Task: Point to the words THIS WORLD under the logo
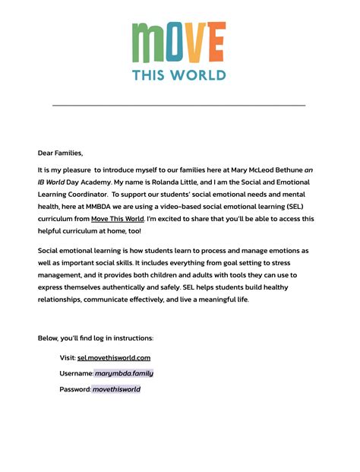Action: tap(179, 74)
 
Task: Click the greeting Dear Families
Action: tap(60, 153)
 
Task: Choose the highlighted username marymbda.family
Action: tap(124, 373)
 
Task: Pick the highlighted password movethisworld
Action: tap(116, 389)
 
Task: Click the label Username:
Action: tap(76, 373)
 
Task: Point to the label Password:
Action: tap(75, 389)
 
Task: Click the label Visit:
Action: tap(68, 357)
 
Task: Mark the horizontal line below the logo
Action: tap(179, 105)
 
